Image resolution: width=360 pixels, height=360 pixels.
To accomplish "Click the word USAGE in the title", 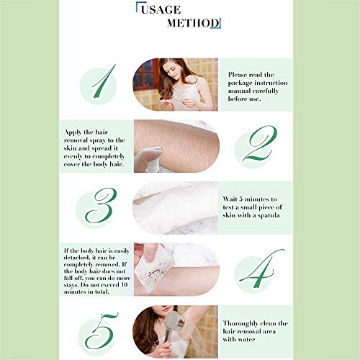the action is pyautogui.click(x=161, y=10).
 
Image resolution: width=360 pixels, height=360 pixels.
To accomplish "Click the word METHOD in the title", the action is pyautogui.click(x=193, y=23).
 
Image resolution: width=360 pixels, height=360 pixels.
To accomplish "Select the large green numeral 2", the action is pyautogui.click(x=260, y=143).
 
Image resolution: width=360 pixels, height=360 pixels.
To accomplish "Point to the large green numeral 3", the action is pyautogui.click(x=101, y=205).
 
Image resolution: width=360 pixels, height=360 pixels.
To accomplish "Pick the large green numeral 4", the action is pyautogui.click(x=261, y=269).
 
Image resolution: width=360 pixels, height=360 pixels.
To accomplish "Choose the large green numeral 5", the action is pyautogui.click(x=102, y=330).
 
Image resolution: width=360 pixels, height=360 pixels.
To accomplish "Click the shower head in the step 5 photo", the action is pyautogui.click(x=174, y=323).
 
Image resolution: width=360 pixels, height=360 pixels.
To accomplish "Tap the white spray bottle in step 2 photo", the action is pyautogui.click(x=148, y=160).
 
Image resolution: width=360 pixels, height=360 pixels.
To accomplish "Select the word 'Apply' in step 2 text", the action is pyautogui.click(x=73, y=132).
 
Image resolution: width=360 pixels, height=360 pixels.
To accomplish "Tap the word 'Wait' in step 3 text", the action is pyautogui.click(x=230, y=199).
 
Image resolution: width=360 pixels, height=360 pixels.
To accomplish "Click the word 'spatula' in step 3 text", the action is pyautogui.click(x=269, y=215).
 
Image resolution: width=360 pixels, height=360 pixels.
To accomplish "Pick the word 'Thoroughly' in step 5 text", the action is pyautogui.click(x=240, y=324).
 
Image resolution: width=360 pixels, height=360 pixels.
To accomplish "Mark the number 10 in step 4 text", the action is pyautogui.click(x=125, y=285).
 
